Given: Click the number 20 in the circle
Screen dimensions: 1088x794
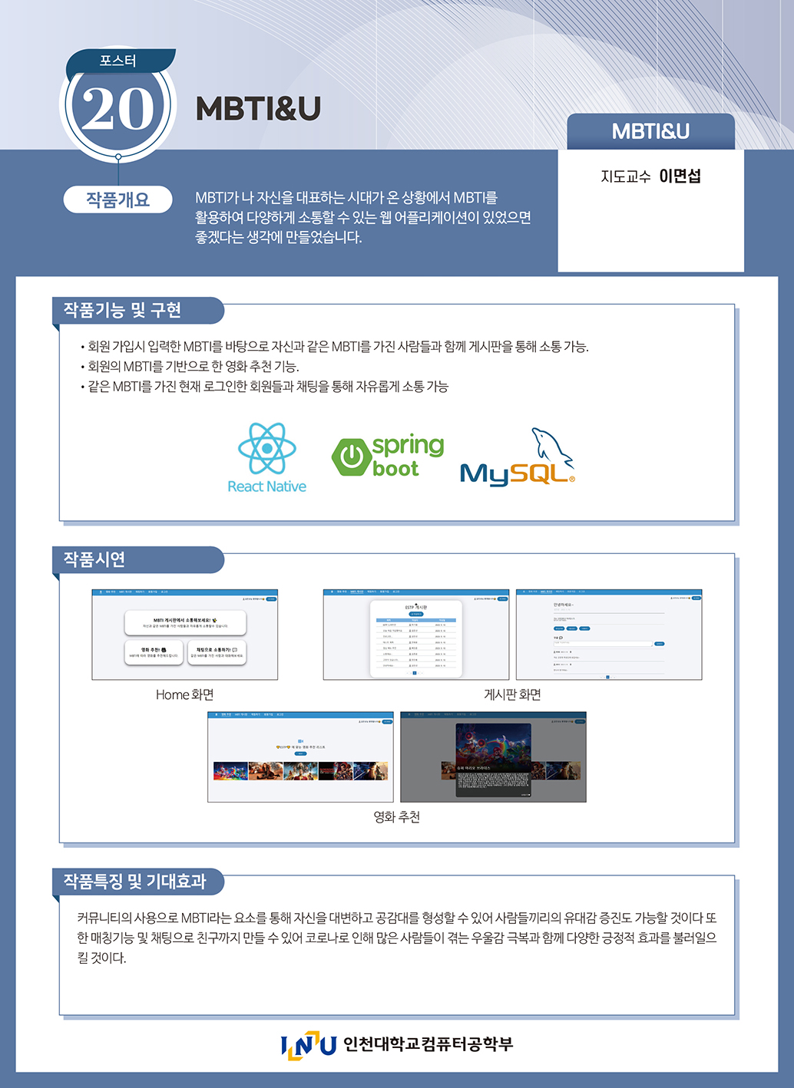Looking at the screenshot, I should [117, 108].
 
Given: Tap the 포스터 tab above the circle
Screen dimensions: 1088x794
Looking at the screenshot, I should [117, 61].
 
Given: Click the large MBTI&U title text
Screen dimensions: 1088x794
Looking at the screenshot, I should [258, 109].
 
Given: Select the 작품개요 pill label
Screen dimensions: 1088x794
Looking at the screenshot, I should [117, 199].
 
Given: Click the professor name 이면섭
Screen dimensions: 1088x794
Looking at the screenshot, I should [680, 176].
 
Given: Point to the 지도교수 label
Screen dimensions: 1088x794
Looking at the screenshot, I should [625, 176].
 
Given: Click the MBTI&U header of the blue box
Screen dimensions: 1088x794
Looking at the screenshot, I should [650, 131].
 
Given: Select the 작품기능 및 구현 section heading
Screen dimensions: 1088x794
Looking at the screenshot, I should [122, 310].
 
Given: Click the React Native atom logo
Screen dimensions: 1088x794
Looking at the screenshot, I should [266, 448].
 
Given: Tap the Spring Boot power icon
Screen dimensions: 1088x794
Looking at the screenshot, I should [352, 457].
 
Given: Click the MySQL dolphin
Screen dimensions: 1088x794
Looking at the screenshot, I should [551, 448].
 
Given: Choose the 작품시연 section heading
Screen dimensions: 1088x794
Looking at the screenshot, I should [94, 559].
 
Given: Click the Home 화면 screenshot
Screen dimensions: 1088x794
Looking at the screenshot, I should [184, 635].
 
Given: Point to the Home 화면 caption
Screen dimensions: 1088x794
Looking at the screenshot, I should [184, 694].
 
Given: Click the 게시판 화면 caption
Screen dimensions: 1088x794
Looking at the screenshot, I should [512, 694].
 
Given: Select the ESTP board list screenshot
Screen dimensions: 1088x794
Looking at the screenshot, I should [415, 635].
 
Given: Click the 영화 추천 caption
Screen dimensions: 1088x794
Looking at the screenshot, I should [396, 817].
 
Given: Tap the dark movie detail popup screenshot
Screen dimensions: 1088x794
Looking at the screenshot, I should [493, 757].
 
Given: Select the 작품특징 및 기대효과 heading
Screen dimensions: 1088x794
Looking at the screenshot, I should [134, 882].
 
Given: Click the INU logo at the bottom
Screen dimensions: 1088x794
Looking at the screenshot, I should [308, 1045].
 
